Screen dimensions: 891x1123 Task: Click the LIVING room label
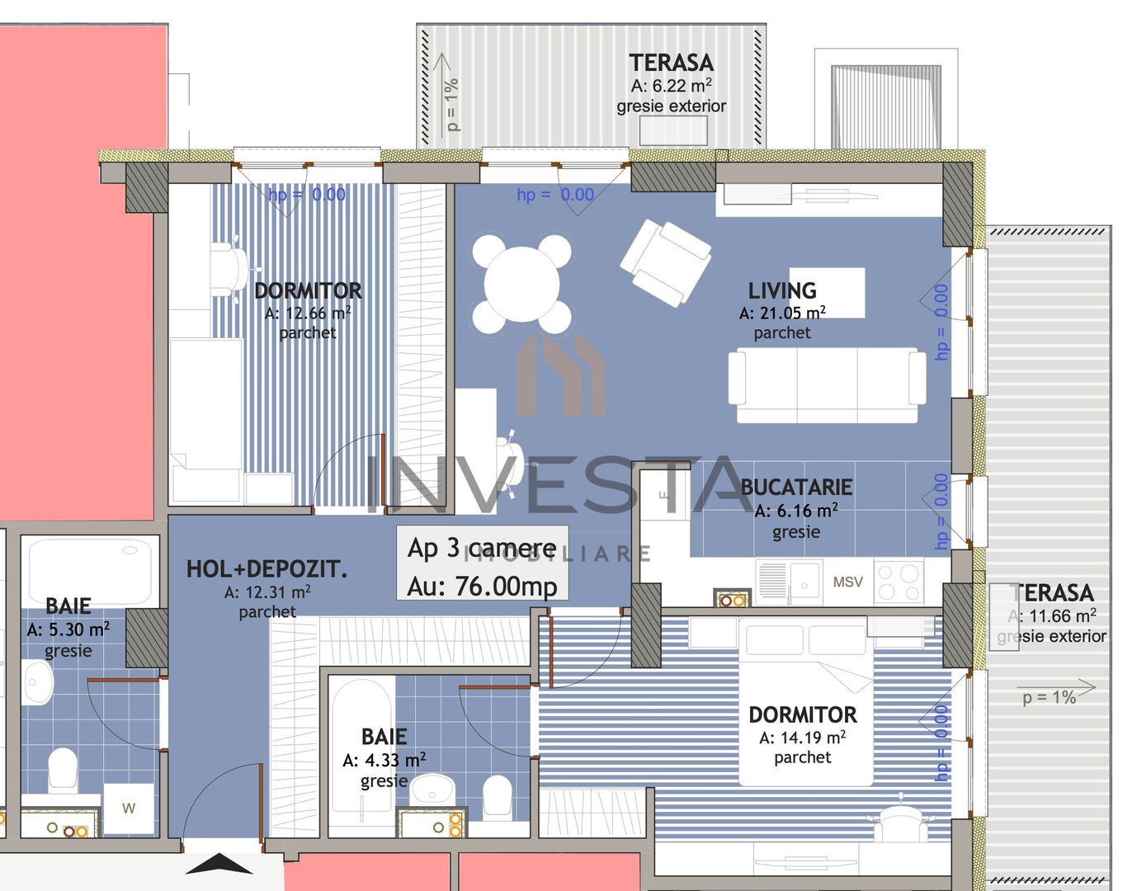point(781,291)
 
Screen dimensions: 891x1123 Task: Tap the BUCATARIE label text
point(795,488)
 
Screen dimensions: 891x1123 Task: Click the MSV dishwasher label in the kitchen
point(847,582)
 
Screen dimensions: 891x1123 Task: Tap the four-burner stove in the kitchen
point(899,581)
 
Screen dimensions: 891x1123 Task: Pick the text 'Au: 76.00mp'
point(483,586)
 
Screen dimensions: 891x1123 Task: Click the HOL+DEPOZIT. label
point(267,568)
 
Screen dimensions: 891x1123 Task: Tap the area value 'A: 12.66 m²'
point(308,313)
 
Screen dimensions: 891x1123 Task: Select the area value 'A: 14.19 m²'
point(802,738)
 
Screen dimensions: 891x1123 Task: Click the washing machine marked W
point(128,808)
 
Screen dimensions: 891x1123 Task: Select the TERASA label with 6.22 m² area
point(671,63)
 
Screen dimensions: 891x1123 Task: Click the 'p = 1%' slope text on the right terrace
point(1049,697)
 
